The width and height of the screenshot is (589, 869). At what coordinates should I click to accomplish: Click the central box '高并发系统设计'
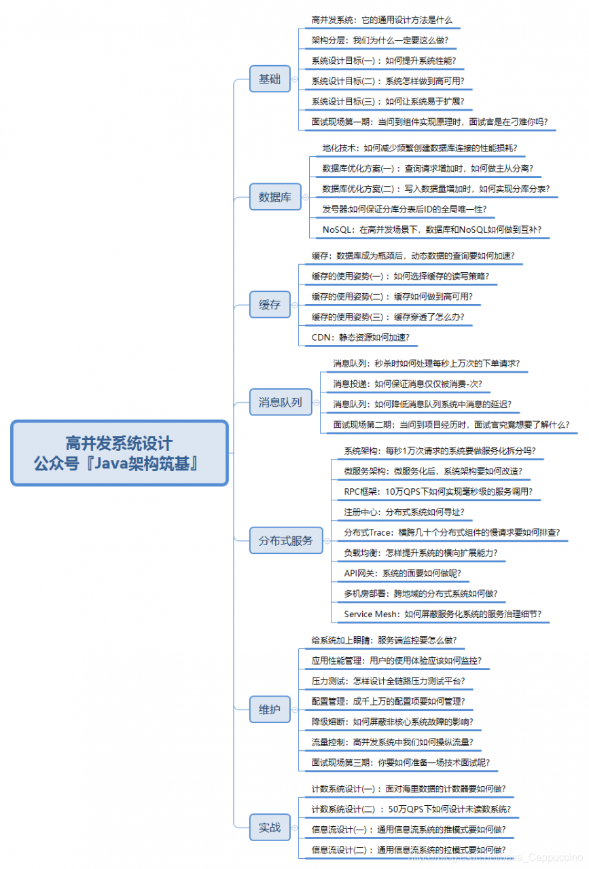[119, 453]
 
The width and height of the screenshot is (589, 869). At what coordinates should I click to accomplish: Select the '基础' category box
[270, 79]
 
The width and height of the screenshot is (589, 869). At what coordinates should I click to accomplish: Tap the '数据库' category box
[275, 197]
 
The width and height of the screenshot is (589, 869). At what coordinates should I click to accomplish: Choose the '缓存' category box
[270, 305]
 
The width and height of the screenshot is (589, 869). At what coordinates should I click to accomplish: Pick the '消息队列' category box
[281, 402]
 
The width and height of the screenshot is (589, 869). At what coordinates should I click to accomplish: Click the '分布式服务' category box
[286, 540]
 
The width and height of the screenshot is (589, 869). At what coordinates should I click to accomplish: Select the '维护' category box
[270, 709]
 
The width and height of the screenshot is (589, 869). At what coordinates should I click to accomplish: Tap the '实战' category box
[270, 828]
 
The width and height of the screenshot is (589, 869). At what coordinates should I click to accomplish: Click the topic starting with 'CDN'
[360, 337]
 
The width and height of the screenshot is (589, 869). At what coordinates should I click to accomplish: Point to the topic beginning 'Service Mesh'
[443, 614]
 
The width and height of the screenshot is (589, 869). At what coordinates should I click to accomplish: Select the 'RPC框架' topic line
[438, 492]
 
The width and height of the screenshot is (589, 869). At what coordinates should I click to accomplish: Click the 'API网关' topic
[402, 574]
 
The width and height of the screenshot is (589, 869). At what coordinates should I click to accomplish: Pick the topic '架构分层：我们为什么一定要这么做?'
[380, 40]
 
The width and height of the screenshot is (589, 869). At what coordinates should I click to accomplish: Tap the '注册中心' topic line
[404, 512]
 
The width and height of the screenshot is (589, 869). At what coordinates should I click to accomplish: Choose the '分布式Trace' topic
[452, 533]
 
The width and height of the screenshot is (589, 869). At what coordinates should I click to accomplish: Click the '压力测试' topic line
[389, 681]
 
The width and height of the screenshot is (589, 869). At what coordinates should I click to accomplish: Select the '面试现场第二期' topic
[451, 425]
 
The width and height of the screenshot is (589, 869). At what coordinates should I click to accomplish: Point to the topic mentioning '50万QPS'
[411, 809]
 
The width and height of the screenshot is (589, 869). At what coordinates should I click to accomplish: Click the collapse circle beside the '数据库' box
[306, 197]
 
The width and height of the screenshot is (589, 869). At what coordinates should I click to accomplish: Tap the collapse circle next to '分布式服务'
[327, 541]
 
